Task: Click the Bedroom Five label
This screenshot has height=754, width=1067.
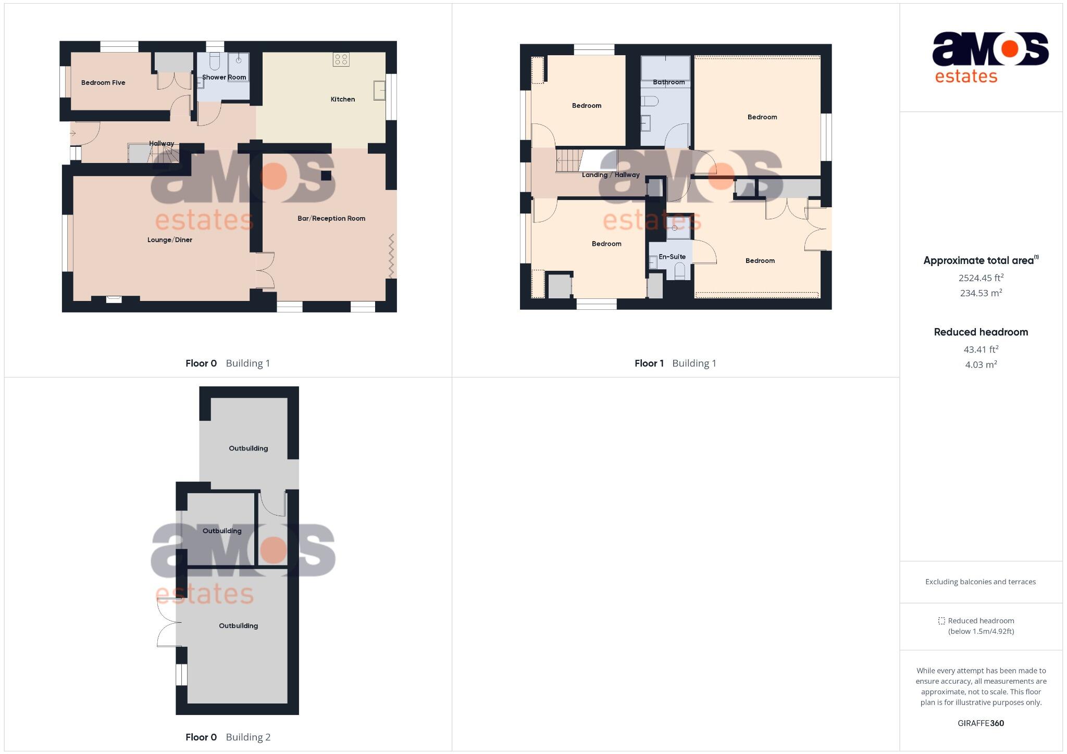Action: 103,82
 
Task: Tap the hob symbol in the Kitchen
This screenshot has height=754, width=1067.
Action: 341,59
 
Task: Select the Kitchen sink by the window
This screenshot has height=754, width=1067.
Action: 379,90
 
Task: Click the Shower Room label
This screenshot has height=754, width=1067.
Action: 224,77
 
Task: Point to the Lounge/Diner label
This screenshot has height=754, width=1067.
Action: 170,240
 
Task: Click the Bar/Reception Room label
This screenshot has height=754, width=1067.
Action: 331,218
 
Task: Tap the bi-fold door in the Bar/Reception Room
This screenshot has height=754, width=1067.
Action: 392,256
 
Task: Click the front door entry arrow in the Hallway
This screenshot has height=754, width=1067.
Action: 73,134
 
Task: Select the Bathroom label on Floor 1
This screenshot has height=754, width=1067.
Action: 669,82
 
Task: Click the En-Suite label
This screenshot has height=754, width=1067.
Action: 672,257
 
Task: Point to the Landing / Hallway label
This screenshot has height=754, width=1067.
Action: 611,175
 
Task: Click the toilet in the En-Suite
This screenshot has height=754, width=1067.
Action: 679,270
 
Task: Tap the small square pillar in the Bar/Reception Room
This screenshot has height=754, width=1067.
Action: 326,175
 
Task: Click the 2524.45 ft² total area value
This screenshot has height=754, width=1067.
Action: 981,278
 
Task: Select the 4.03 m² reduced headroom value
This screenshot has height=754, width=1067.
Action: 981,365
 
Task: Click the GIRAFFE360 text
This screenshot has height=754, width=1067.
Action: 981,723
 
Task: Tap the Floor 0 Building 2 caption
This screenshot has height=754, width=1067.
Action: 228,737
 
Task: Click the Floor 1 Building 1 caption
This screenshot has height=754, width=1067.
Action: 675,363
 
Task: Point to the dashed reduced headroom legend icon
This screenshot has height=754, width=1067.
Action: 941,621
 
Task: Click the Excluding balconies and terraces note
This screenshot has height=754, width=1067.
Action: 981,582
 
